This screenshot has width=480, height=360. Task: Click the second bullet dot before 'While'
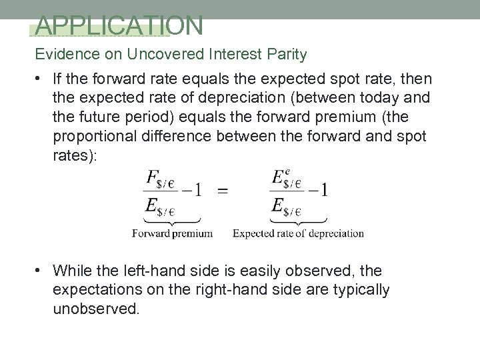tap(41, 271)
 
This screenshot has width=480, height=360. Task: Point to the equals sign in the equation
tap(223, 190)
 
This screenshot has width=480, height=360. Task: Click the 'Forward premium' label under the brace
tap(172, 233)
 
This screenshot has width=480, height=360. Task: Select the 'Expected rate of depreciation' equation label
tap(298, 233)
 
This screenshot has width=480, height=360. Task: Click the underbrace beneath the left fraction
tap(171, 219)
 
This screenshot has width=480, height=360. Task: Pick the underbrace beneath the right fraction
tap(299, 219)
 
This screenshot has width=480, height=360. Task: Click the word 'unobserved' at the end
tap(97, 309)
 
